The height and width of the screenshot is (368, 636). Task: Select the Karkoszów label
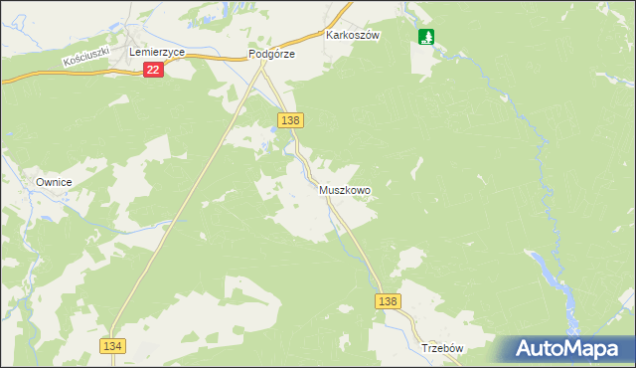(x=354, y=34)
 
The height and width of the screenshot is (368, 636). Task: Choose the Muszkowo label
(x=345, y=189)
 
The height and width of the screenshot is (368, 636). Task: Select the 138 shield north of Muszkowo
(x=290, y=120)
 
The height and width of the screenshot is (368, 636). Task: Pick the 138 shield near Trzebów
(x=389, y=301)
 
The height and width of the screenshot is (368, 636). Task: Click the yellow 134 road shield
(x=112, y=344)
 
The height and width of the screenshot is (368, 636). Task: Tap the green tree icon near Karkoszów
(x=426, y=37)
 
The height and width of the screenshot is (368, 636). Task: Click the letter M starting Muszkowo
(x=324, y=189)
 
